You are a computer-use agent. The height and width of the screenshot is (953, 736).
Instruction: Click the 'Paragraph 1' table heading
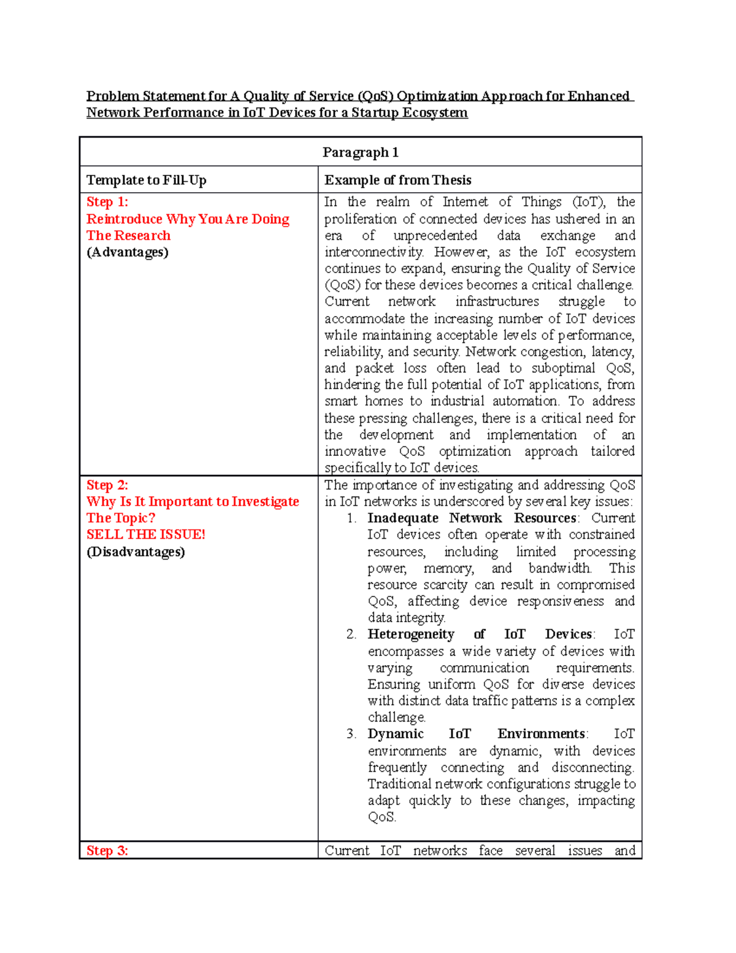[360, 152]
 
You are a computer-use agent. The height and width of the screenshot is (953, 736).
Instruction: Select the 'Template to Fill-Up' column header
[146, 180]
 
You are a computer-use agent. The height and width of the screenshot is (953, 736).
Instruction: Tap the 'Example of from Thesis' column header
[397, 180]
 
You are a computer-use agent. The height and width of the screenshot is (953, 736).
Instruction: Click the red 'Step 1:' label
[107, 202]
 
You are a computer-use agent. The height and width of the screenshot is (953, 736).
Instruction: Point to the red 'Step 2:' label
[107, 485]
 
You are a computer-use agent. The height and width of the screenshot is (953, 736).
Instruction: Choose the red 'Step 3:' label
[107, 851]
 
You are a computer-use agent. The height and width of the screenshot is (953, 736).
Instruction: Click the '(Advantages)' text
[128, 252]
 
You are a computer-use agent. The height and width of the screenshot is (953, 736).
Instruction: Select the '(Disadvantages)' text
[136, 552]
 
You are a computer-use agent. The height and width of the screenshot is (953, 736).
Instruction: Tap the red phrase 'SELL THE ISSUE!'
[146, 534]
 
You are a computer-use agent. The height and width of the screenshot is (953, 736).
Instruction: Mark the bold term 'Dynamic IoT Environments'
[477, 734]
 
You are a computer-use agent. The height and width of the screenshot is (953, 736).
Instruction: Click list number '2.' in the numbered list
[351, 635]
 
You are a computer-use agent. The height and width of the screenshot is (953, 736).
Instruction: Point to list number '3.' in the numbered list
[351, 734]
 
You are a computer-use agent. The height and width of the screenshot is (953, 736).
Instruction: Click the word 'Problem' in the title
[112, 96]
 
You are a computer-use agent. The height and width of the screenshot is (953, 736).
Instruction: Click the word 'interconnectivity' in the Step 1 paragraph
[374, 252]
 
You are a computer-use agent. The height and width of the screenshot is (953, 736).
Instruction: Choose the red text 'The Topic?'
[121, 518]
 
